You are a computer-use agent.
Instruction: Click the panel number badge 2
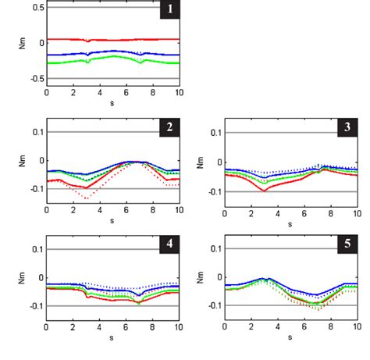(169, 127)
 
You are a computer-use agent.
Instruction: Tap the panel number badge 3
(347, 127)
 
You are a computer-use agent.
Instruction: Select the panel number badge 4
(169, 244)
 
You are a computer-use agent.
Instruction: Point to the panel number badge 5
(347, 244)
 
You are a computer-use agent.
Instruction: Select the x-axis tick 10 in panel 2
(178, 211)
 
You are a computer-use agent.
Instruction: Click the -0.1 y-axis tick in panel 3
(213, 190)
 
